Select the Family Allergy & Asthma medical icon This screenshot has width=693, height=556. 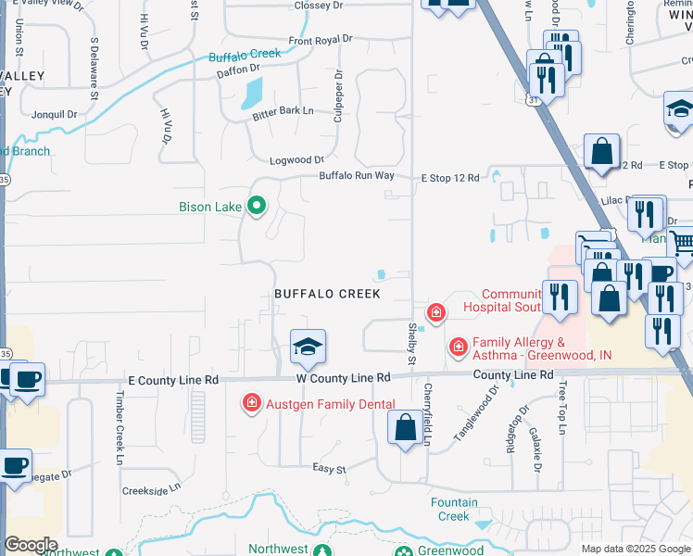[x=458, y=347]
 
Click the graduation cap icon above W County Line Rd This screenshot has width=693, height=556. [x=308, y=347]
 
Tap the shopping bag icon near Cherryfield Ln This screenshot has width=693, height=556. [x=405, y=428]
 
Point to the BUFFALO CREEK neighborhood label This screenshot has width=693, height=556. [x=327, y=294]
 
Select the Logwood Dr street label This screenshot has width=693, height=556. [x=296, y=160]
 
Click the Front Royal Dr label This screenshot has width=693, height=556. [x=321, y=40]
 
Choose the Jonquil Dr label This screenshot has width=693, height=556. [x=53, y=114]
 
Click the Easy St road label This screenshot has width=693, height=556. [x=328, y=469]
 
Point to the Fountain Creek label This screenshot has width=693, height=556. [x=454, y=510]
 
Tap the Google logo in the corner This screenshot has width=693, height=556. [x=31, y=545]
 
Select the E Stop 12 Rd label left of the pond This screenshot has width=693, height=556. [x=450, y=178]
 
